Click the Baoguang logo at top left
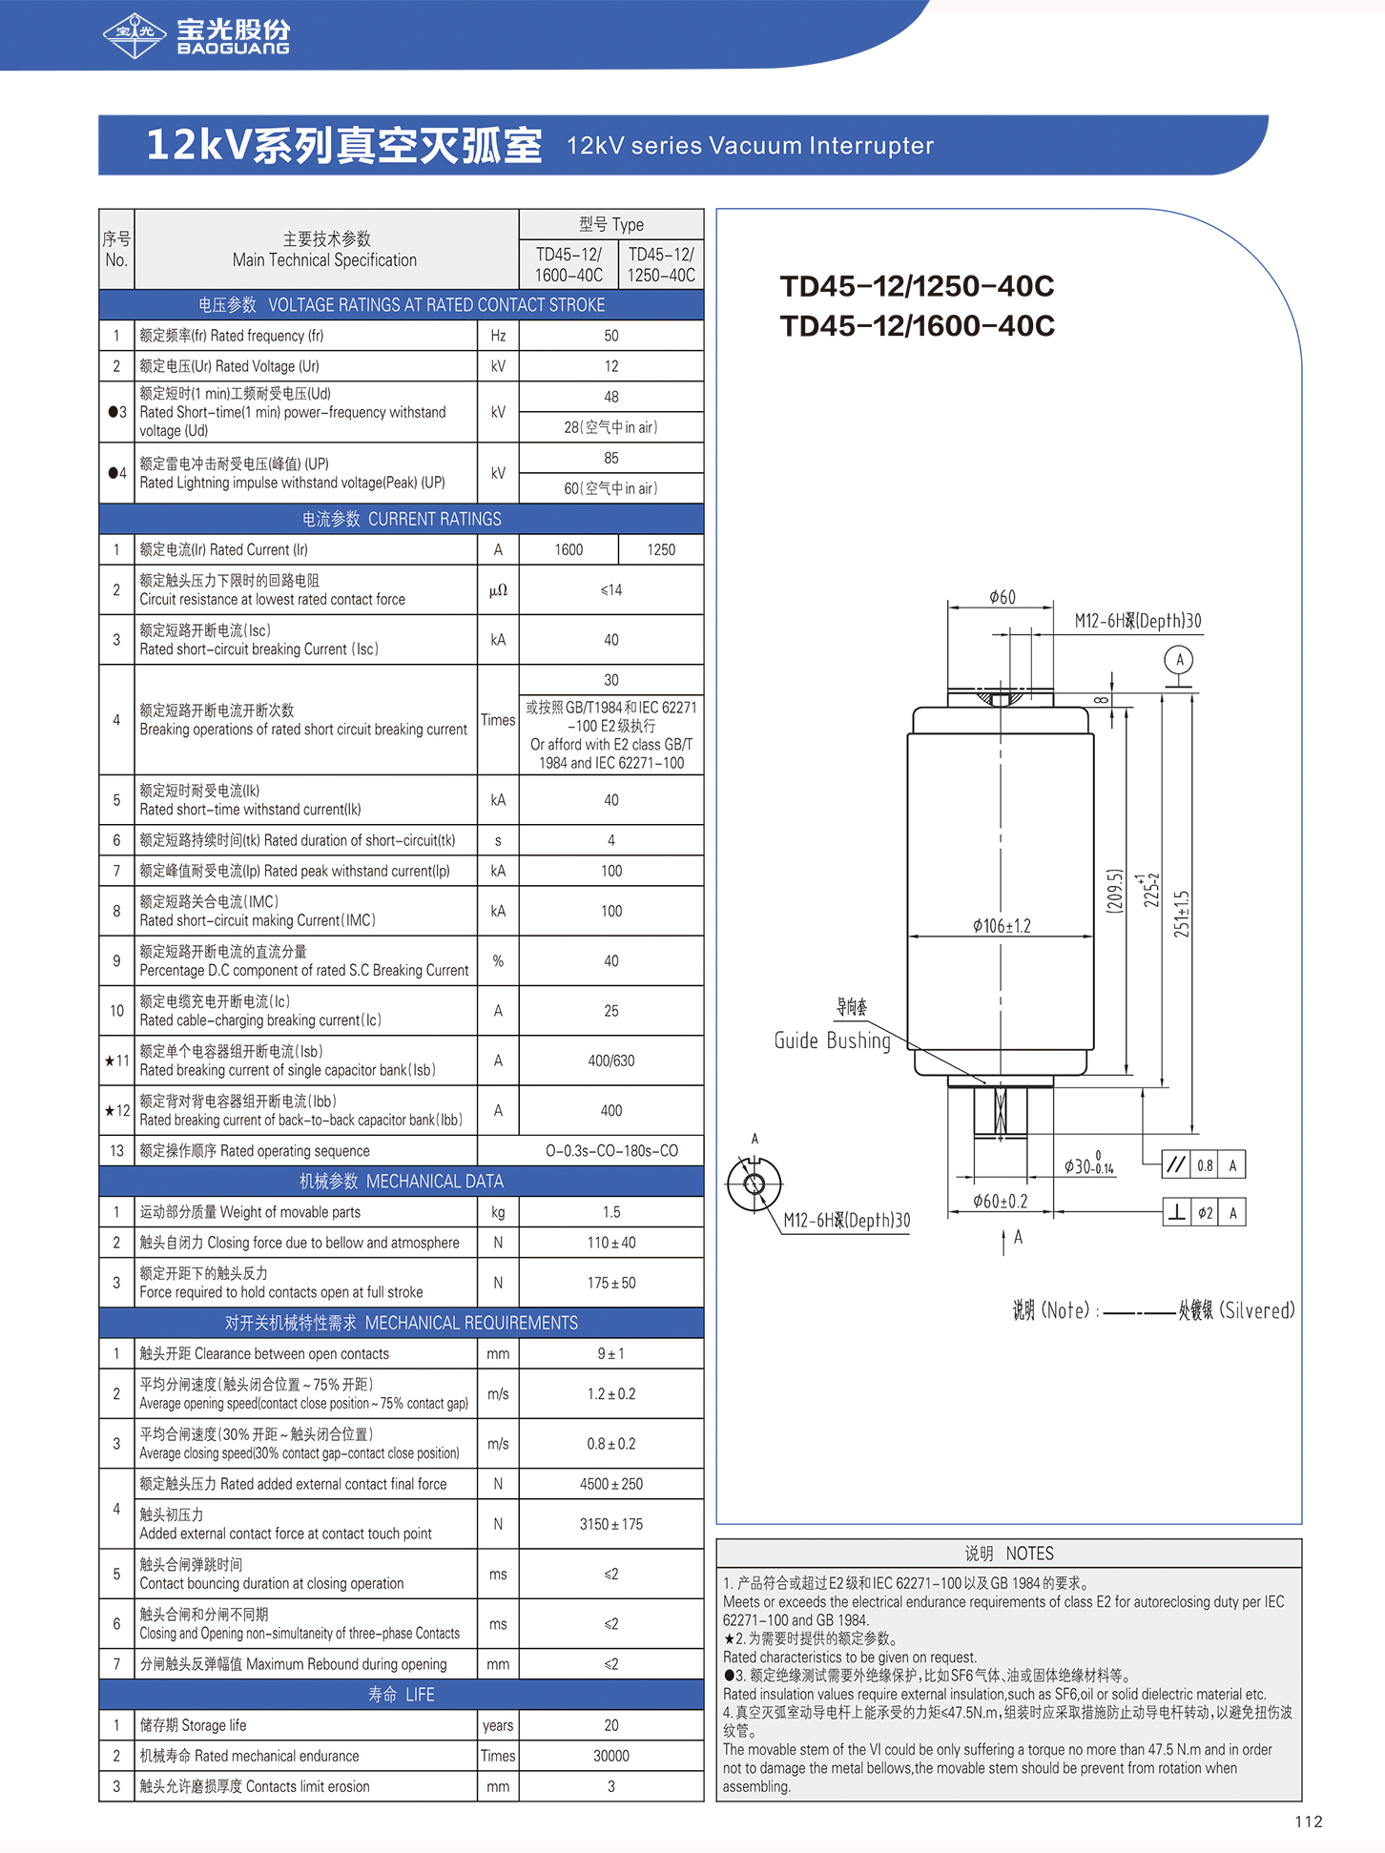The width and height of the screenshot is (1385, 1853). pyautogui.click(x=196, y=36)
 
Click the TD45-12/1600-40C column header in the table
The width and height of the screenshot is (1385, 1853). pyautogui.click(x=568, y=264)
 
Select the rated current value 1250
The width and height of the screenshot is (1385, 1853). pyautogui.click(x=661, y=549)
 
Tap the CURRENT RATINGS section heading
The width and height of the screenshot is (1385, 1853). pyautogui.click(x=402, y=519)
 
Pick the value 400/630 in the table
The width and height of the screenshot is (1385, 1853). pyautogui.click(x=611, y=1060)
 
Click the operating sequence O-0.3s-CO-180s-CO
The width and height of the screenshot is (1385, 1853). pyautogui.click(x=611, y=1151)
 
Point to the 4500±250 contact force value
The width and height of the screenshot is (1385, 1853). pyautogui.click(x=611, y=1484)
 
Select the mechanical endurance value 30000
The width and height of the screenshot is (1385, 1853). pyautogui.click(x=611, y=1756)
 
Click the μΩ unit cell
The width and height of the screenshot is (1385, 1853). pyautogui.click(x=498, y=590)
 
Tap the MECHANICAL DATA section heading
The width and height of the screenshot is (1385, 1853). pyautogui.click(x=402, y=1182)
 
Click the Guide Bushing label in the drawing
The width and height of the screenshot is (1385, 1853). pyautogui.click(x=832, y=1040)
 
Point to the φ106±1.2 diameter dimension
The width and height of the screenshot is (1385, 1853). pyautogui.click(x=1002, y=926)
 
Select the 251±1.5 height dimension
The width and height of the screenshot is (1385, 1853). pyautogui.click(x=1183, y=914)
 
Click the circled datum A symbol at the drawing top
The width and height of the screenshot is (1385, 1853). pyautogui.click(x=1180, y=659)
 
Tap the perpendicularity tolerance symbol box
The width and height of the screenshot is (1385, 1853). pyautogui.click(x=1177, y=1212)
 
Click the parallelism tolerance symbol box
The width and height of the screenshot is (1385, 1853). pyautogui.click(x=1176, y=1164)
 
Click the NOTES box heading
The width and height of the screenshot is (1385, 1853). pyautogui.click(x=1009, y=1554)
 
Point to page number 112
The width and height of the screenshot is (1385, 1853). pyautogui.click(x=1309, y=1822)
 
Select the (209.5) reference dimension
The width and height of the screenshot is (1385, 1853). pyautogui.click(x=1114, y=892)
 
